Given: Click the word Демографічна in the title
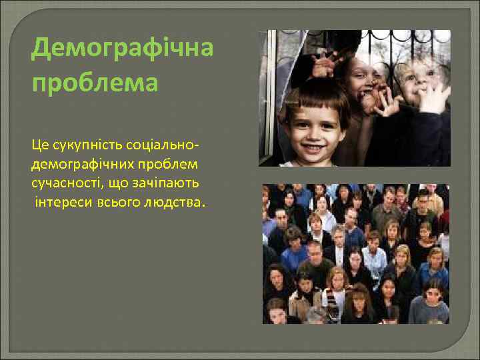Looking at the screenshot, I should (x=122, y=48).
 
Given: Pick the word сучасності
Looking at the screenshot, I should (x=66, y=182).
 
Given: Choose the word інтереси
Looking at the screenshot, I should (x=61, y=201).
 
